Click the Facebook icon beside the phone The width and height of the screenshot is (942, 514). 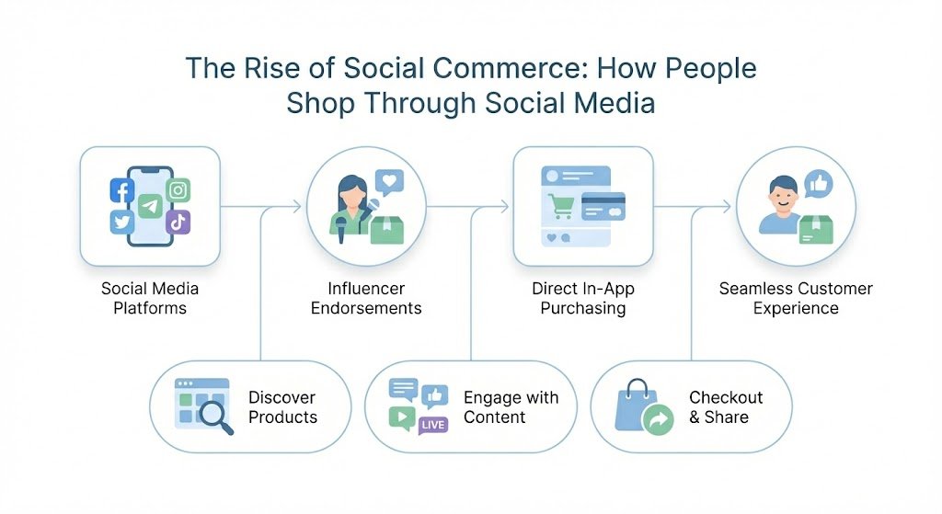(122, 191)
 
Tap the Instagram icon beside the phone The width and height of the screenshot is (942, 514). (178, 190)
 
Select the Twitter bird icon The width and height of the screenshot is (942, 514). (122, 223)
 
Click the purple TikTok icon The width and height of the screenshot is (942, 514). (178, 223)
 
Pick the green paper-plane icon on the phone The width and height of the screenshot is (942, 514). (150, 207)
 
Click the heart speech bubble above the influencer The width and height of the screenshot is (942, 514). (389, 182)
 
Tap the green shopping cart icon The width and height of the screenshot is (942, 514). (561, 207)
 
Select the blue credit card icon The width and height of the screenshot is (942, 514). (603, 207)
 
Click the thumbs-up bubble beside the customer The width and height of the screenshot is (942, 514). (818, 184)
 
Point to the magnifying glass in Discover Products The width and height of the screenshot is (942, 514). (216, 416)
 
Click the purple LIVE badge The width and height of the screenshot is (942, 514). (432, 425)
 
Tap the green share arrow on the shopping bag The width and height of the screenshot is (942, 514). (658, 418)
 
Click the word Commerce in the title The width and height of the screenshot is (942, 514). (510, 68)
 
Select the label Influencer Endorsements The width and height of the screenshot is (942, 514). (366, 299)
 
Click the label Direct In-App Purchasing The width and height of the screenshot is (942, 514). (582, 299)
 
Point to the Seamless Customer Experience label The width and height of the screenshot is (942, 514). (796, 299)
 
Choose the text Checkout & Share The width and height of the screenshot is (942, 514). (726, 407)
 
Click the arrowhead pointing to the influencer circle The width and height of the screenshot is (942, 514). (297, 207)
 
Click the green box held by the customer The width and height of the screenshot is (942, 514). (815, 230)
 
